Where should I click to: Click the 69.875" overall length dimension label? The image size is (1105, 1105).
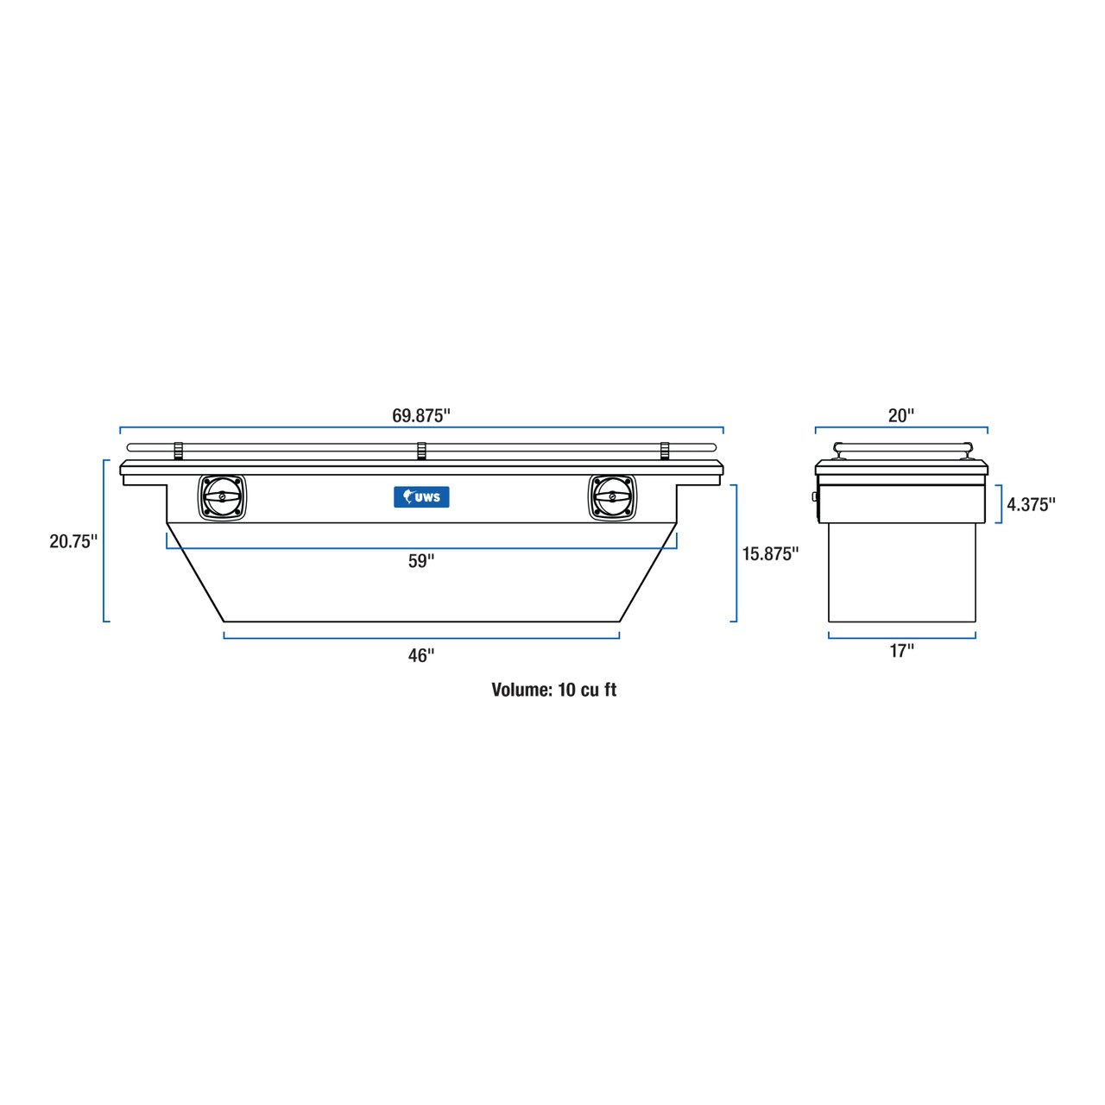point(421,415)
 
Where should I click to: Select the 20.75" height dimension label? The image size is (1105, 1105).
point(73,541)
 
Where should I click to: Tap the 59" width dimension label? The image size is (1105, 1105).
point(421,561)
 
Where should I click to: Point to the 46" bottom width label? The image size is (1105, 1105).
point(421,656)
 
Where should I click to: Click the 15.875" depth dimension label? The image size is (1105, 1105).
point(770,553)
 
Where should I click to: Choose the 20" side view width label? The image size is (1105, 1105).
point(901,415)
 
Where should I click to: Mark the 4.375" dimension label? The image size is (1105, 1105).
point(1031,504)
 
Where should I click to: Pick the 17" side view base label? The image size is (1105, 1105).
point(901,651)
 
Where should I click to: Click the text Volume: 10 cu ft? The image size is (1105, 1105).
point(553,690)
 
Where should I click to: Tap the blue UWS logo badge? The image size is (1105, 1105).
point(421,497)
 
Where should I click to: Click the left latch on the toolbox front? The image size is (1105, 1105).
point(223,497)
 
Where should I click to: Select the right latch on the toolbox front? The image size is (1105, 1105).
point(612,497)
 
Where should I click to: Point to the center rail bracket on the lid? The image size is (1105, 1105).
point(421,450)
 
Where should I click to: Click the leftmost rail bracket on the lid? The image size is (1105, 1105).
point(179,450)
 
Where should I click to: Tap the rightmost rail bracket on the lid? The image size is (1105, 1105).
point(665,450)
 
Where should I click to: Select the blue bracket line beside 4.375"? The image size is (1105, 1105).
point(1001,504)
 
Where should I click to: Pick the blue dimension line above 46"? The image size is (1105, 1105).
point(421,638)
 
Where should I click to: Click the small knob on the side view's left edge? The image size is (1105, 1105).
point(815,496)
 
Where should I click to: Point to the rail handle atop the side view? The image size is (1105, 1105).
point(903,449)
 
